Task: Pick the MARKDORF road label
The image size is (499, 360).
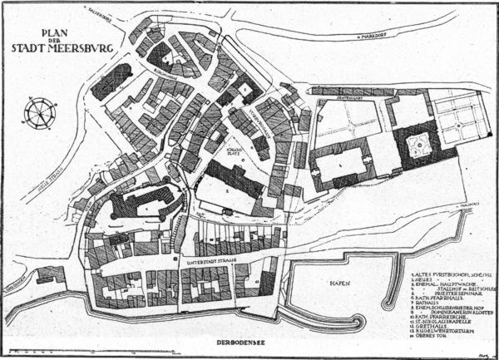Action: click(x=365, y=37)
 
